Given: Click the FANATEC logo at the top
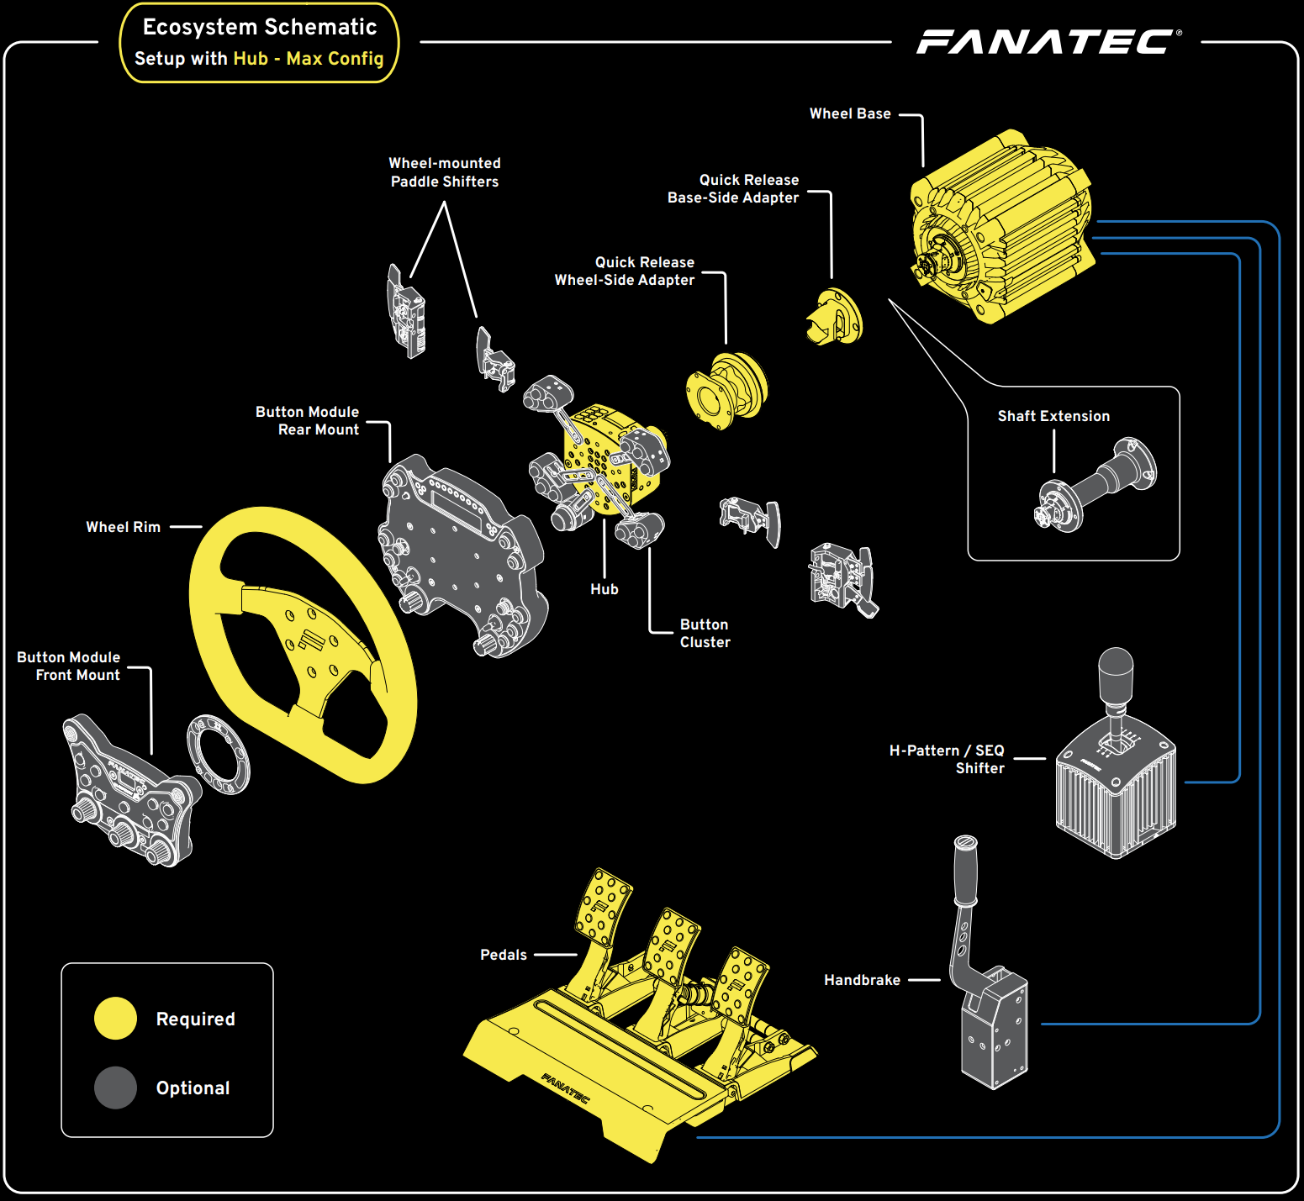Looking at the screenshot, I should click(1048, 41).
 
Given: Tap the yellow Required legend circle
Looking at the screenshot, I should click(115, 1019).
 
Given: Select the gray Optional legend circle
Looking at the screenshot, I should click(115, 1088).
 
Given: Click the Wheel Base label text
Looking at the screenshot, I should click(849, 113).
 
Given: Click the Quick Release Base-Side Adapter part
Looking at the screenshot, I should click(834, 318).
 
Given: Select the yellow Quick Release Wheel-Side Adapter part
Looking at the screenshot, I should click(727, 390).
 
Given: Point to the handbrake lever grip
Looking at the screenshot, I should click(965, 870).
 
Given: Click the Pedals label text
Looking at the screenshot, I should click(503, 955).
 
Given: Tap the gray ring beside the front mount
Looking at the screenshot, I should click(218, 754).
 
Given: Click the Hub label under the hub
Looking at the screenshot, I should click(604, 589).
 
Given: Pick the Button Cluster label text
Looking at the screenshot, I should click(705, 633).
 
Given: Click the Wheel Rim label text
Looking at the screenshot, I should click(123, 527).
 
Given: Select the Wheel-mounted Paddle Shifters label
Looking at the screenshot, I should click(444, 172).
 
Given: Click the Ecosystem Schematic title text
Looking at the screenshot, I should click(259, 27).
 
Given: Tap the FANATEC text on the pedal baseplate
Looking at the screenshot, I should click(565, 1088).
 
